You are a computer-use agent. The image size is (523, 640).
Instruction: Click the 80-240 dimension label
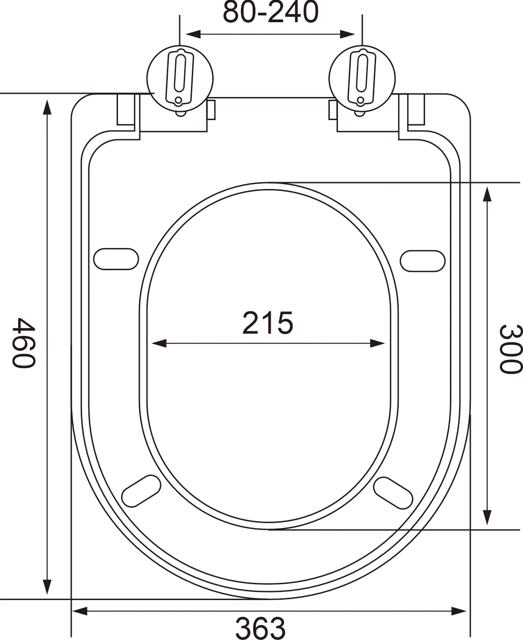coord(270,12)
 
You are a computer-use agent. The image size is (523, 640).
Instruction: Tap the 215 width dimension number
coord(268,323)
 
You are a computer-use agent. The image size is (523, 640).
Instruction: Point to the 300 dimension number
coord(510,349)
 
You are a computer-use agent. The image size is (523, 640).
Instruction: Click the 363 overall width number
coord(260,628)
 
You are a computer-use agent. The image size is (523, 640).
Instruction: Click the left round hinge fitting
coord(180,78)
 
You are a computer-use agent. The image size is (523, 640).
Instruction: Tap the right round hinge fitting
coord(362,78)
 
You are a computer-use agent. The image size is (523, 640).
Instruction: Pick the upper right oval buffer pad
coord(422,261)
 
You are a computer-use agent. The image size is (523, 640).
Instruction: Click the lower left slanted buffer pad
coord(142,491)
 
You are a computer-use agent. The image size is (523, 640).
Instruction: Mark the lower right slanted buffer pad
coord(393,492)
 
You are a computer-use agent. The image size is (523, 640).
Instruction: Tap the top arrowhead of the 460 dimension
coord(46,108)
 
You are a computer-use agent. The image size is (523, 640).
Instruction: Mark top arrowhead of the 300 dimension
coord(487,194)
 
